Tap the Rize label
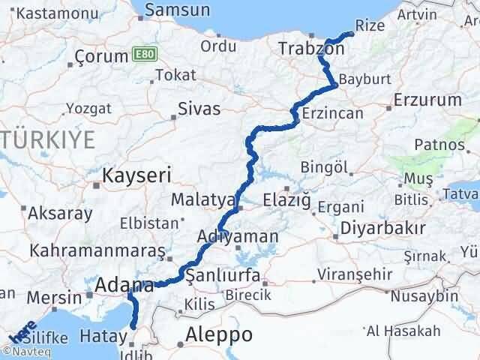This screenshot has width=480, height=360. (370, 25)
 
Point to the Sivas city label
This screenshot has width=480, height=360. (199, 109)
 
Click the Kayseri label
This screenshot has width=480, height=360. (137, 176)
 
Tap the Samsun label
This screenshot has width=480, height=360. (177, 10)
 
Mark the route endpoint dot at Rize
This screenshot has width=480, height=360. (351, 34)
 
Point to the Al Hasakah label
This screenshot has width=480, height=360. (403, 330)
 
